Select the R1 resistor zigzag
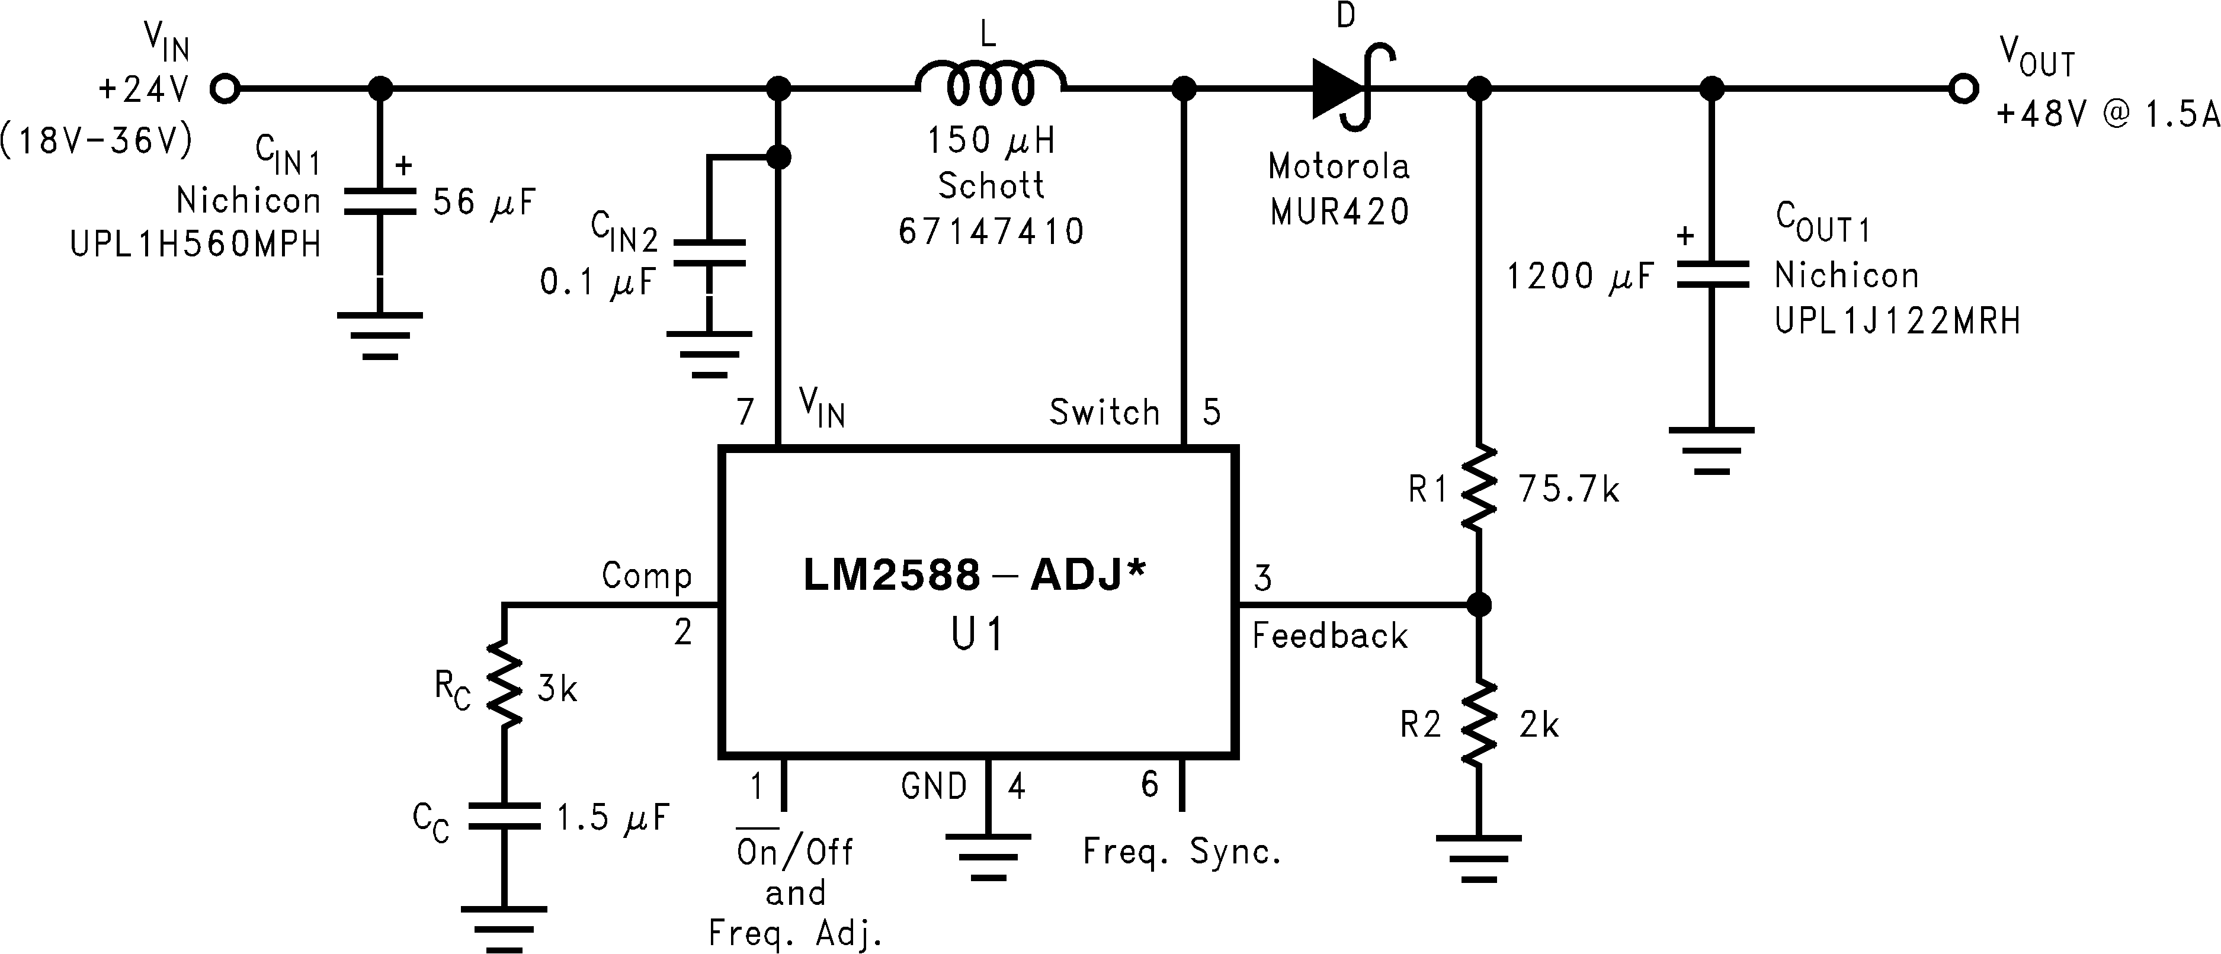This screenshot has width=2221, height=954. pyautogui.click(x=1479, y=488)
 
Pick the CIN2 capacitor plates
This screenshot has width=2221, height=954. pyautogui.click(x=709, y=252)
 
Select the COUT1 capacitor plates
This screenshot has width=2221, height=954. pyautogui.click(x=1712, y=274)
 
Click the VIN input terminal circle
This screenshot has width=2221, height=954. pyautogui.click(x=225, y=88)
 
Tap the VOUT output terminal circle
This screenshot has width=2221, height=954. pyautogui.click(x=1963, y=88)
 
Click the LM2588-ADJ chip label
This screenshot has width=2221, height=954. pyautogui.click(x=975, y=576)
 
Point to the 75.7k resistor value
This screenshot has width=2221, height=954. pyautogui.click(x=1569, y=490)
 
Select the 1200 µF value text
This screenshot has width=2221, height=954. pyautogui.click(x=1579, y=277)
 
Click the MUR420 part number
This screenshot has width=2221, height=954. pyautogui.click(x=1339, y=212)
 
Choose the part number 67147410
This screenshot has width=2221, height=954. pyautogui.click(x=991, y=231)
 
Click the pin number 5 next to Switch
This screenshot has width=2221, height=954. pyautogui.click(x=1212, y=413)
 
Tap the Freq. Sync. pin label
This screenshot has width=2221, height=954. pyautogui.click(x=1181, y=852)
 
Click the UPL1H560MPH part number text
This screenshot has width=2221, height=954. pyautogui.click(x=196, y=245)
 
